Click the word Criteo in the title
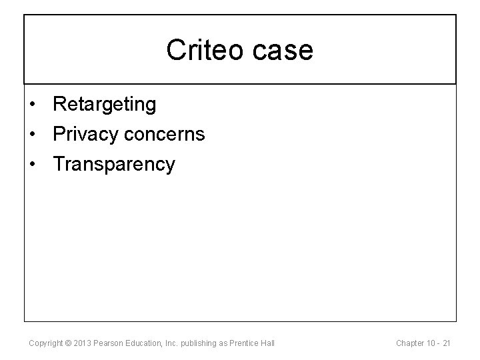203,50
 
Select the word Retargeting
105,104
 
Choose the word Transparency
114,164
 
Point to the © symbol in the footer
71,343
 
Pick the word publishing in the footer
203,343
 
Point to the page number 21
447,343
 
